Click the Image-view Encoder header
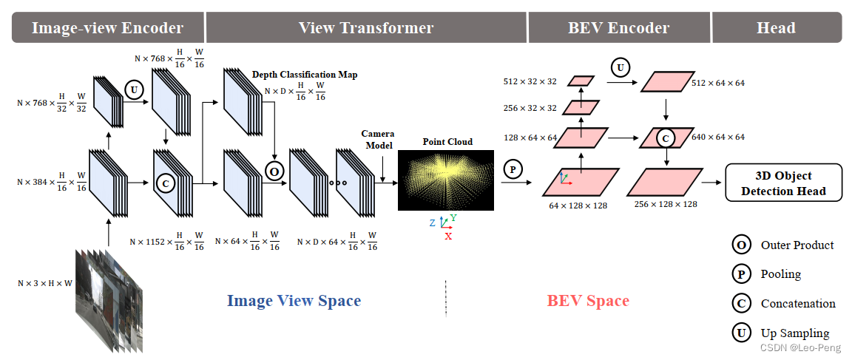107,28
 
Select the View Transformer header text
366,28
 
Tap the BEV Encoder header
618,28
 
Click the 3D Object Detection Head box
783,183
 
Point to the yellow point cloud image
446,180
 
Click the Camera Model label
377,138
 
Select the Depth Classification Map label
305,75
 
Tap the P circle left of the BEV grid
511,169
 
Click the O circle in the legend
740,245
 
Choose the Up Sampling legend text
795,333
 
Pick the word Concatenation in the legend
798,304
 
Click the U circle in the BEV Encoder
621,69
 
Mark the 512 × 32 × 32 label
530,81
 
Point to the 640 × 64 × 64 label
717,137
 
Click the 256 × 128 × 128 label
666,204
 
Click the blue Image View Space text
294,301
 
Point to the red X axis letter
448,236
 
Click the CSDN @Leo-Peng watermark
803,347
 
